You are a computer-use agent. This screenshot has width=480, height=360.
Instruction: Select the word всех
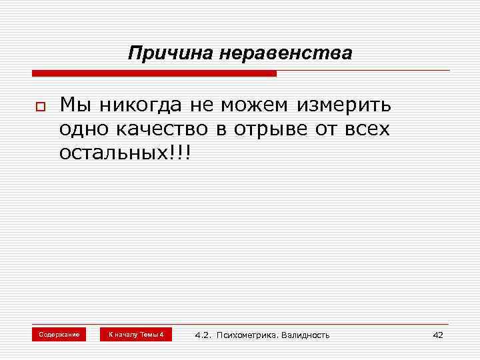(x=367, y=129)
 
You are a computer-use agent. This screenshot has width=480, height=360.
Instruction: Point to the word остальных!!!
(x=125, y=153)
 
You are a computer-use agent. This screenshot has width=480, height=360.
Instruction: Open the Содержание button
(x=59, y=334)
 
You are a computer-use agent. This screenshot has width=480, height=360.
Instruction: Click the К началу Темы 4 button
(x=136, y=334)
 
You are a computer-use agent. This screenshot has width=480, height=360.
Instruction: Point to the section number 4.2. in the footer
(x=203, y=335)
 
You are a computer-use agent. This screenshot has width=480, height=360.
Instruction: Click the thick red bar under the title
(x=154, y=73)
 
